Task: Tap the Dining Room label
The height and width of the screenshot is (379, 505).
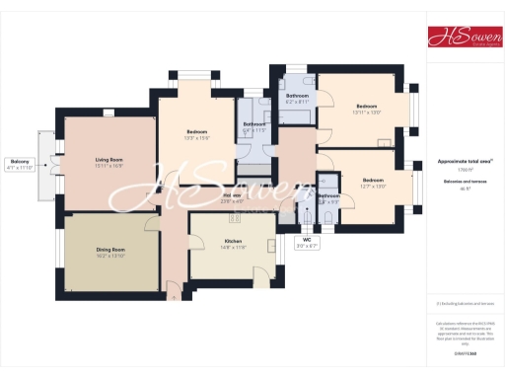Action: (110, 250)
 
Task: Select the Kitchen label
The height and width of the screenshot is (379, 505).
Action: (233, 241)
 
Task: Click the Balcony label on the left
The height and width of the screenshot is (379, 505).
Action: (20, 162)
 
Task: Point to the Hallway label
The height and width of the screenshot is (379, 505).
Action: (233, 195)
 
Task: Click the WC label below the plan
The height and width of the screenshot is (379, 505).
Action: (307, 240)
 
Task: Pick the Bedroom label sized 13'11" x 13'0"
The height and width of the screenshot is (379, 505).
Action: (367, 106)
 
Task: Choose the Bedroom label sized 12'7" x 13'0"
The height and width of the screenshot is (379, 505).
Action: (373, 180)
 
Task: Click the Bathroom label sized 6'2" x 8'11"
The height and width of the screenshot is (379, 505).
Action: (297, 96)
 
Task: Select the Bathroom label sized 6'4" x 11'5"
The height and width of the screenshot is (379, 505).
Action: (254, 124)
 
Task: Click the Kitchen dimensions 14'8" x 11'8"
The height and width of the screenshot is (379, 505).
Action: (233, 247)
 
